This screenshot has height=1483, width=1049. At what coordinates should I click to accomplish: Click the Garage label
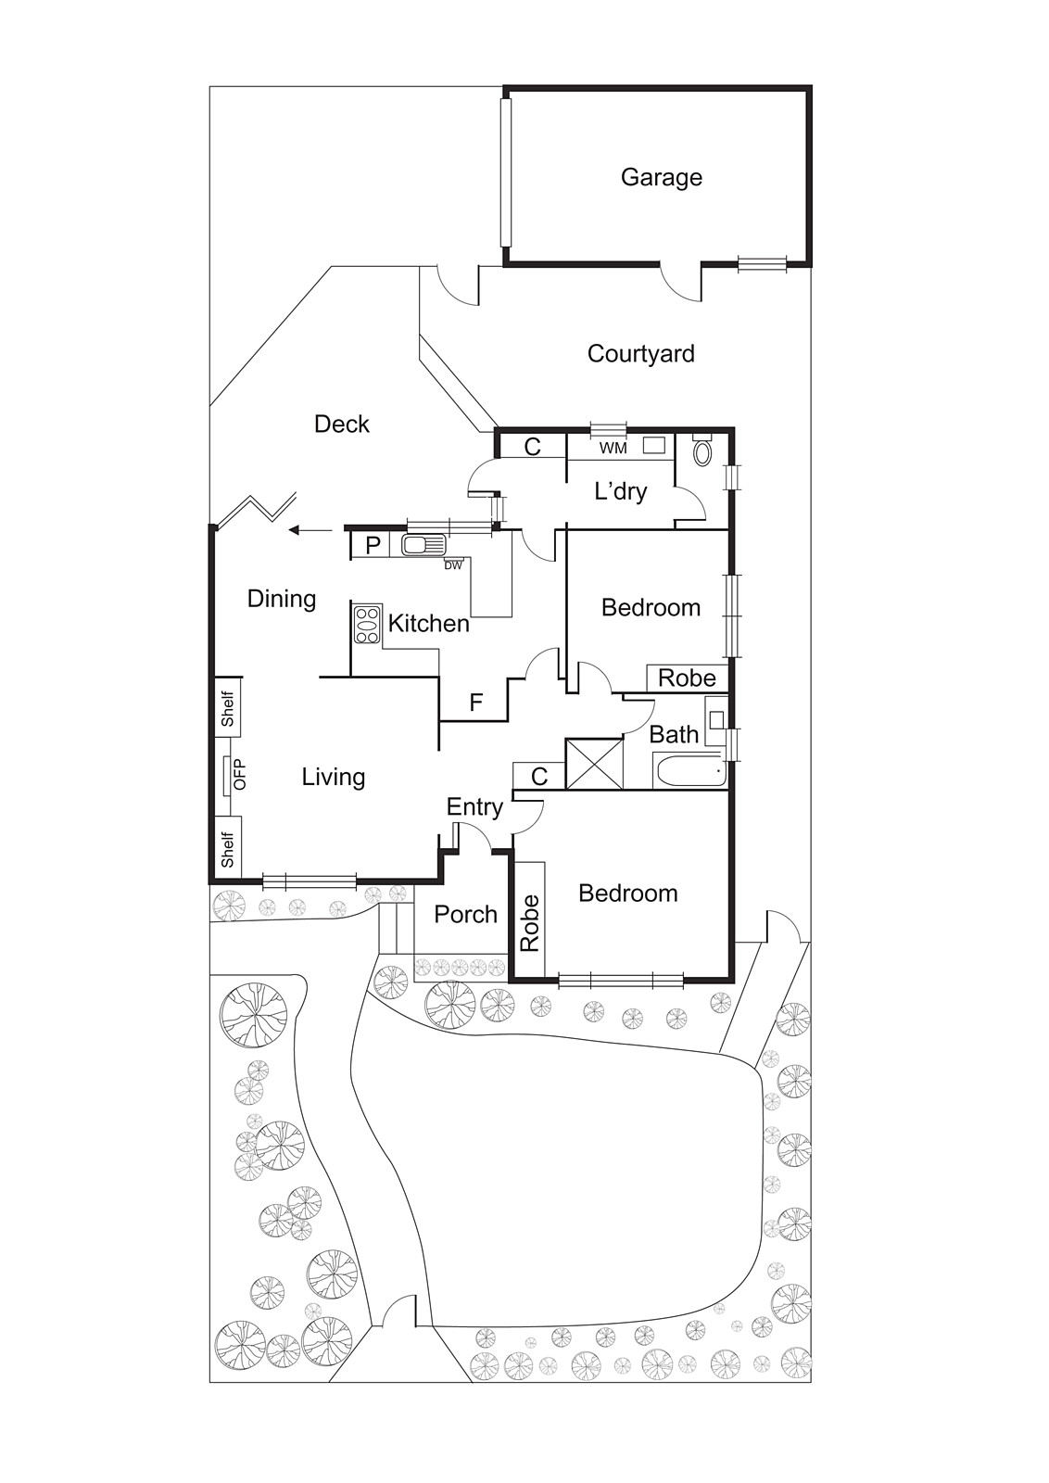click(661, 177)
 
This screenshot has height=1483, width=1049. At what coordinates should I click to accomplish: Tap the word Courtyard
click(640, 354)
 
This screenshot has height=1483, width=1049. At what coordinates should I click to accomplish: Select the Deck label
click(342, 424)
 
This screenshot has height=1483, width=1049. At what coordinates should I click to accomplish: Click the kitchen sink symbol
click(424, 546)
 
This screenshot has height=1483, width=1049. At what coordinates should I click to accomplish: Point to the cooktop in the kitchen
click(367, 625)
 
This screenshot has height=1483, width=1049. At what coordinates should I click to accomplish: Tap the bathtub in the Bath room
click(689, 770)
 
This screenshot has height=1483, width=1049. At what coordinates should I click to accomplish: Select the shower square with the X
click(594, 764)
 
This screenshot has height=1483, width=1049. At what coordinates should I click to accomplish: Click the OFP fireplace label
click(240, 774)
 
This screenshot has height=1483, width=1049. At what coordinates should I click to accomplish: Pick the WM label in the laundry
click(613, 449)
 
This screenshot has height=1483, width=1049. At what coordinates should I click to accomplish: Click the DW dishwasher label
click(453, 565)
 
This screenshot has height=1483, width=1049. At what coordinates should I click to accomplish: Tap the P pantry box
click(373, 546)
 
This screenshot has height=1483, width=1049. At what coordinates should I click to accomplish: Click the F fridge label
click(475, 702)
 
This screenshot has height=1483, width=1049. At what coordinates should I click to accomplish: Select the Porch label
click(466, 914)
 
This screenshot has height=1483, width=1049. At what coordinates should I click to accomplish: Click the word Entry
click(474, 807)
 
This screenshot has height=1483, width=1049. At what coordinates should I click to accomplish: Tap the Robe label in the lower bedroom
click(530, 923)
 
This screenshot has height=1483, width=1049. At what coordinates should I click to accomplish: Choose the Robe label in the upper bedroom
click(687, 678)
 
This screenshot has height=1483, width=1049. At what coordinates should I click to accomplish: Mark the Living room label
click(334, 778)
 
